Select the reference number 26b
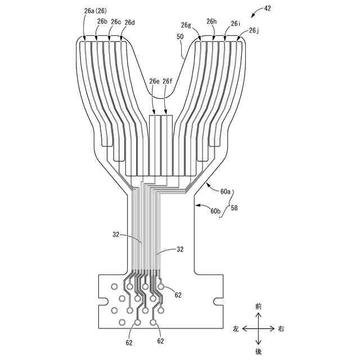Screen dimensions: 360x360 tap(102, 21)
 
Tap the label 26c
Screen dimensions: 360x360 tap(116, 22)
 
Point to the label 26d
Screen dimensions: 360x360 tap(130, 22)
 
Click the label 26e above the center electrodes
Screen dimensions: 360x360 tap(154, 82)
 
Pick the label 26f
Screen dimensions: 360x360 tap(168, 82)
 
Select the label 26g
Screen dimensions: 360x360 tap(186, 25)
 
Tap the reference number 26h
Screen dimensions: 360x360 tap(211, 21)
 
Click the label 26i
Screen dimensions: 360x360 tap(236, 24)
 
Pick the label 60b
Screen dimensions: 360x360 tap(215, 211)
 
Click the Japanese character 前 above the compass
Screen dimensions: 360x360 tap(258, 307)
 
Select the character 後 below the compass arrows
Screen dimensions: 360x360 tap(258, 351)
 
